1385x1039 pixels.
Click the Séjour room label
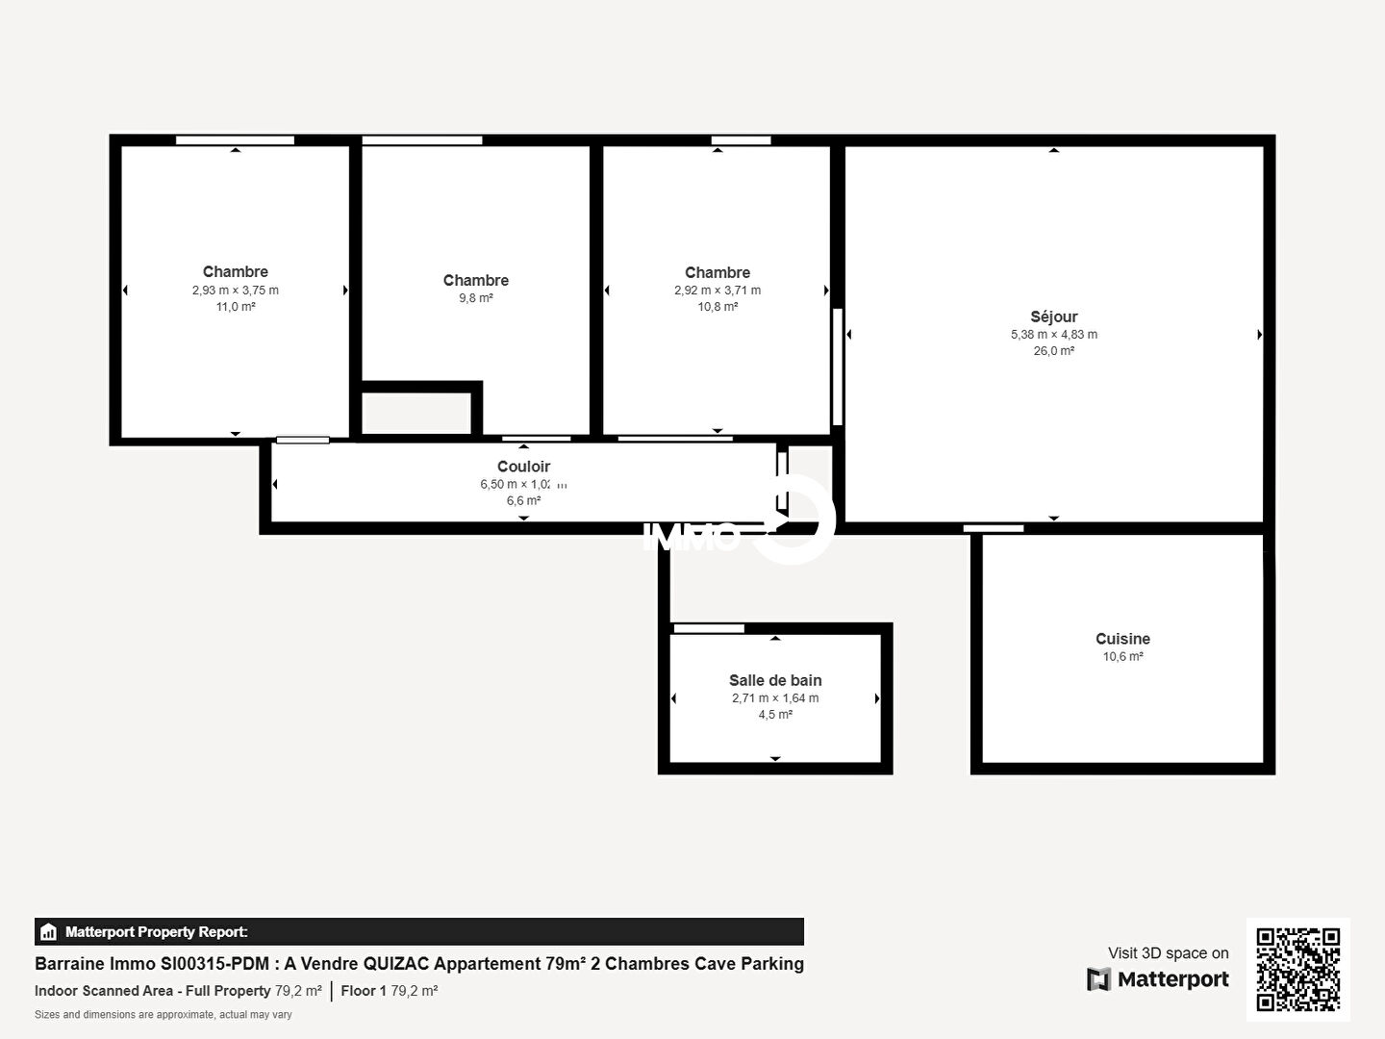tap(1054, 317)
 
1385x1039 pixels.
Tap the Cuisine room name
tap(1122, 639)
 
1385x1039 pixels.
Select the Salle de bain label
tap(775, 680)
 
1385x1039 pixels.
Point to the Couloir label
tap(523, 467)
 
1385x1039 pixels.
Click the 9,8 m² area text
tap(476, 298)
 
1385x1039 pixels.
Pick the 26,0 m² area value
tap(1054, 351)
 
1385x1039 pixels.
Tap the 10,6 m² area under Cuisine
tap(1122, 656)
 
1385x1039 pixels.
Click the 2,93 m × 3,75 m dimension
tap(236, 291)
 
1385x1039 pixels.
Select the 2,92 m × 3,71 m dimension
tap(718, 291)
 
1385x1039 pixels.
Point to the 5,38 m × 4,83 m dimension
tap(1054, 335)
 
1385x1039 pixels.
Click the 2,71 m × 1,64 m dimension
tap(775, 697)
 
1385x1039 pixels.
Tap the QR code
tap(1297, 969)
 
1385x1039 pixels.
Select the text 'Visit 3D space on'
tap(1168, 952)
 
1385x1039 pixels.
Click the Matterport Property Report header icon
tap(48, 932)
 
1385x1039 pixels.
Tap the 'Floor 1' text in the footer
tap(364, 991)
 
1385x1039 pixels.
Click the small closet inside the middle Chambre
tap(416, 413)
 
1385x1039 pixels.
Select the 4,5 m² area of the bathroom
tap(775, 714)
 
